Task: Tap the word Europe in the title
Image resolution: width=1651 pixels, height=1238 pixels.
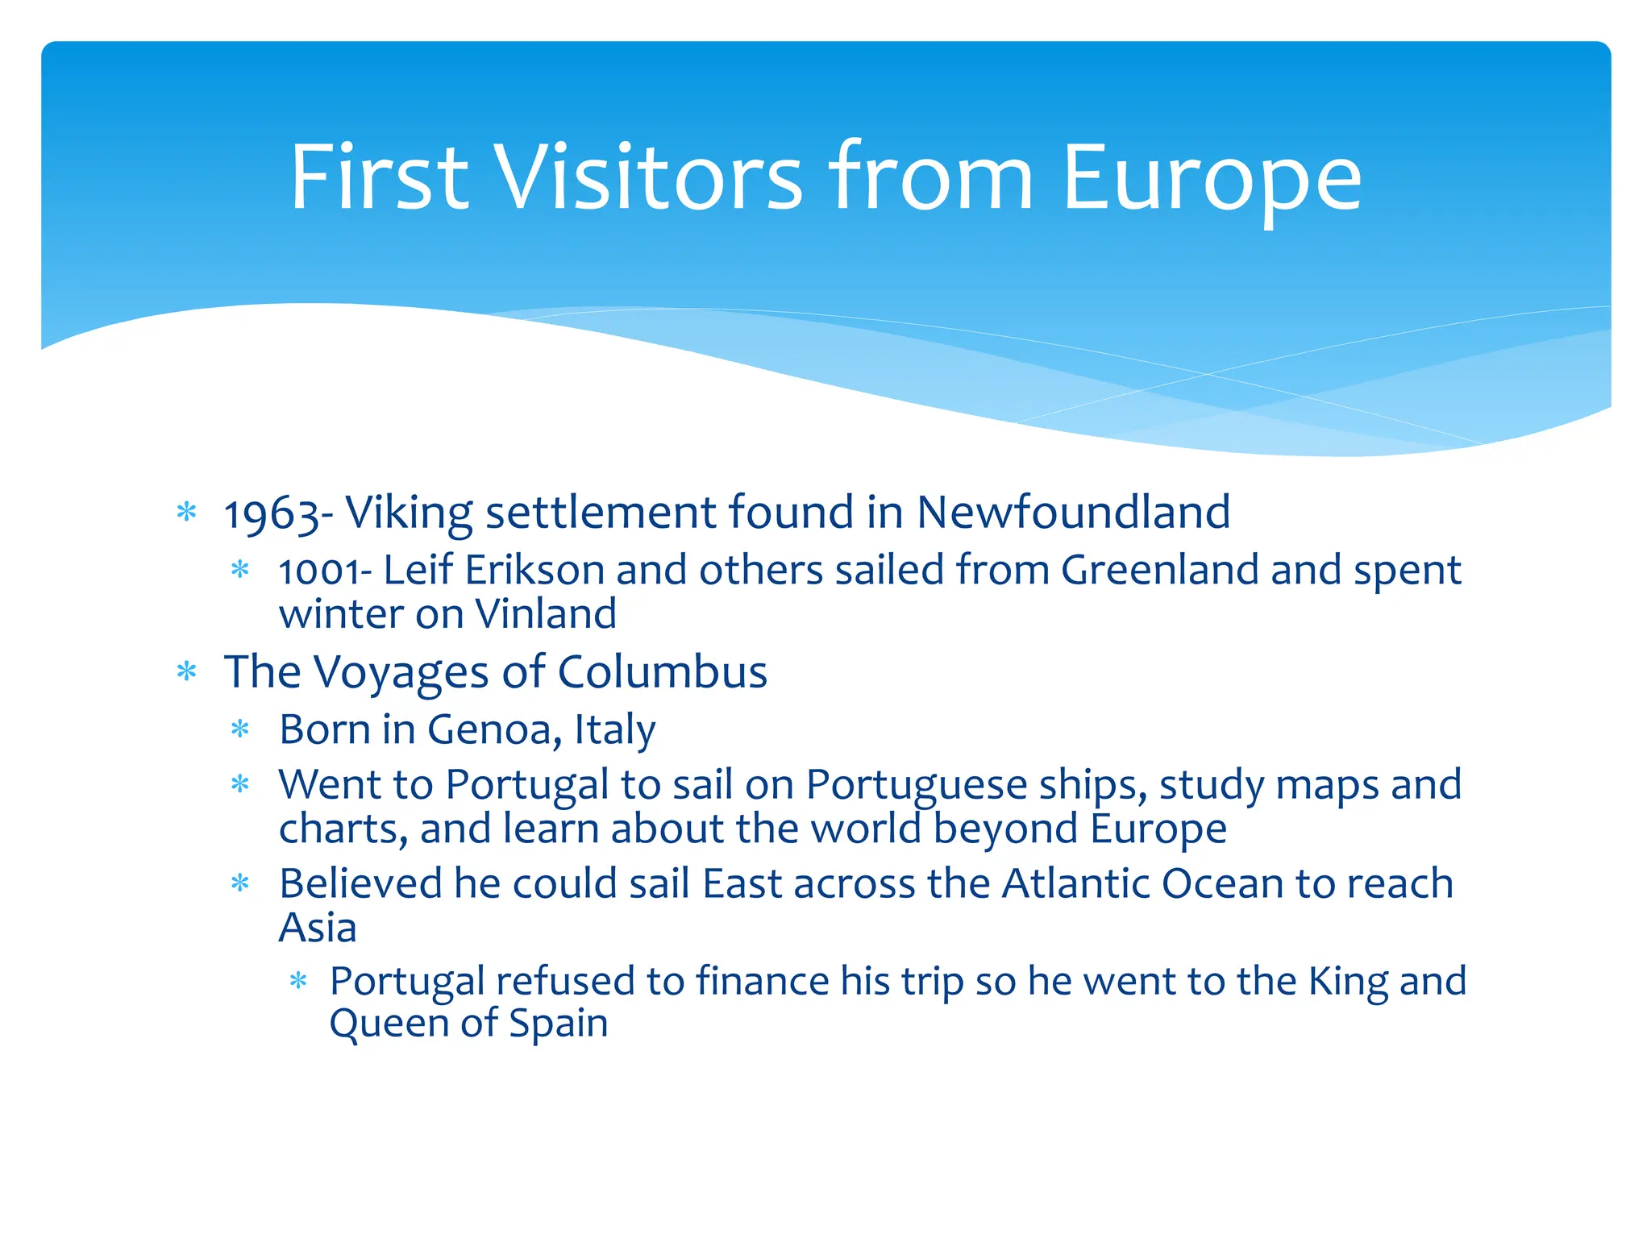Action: pyautogui.click(x=1211, y=179)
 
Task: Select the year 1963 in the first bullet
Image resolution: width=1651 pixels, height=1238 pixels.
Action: pyautogui.click(x=272, y=514)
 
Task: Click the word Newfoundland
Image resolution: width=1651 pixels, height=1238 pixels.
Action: pyautogui.click(x=1073, y=513)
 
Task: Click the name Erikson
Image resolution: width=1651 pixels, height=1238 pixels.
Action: pyautogui.click(x=534, y=571)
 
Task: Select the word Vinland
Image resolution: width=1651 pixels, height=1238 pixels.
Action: pyautogui.click(x=546, y=614)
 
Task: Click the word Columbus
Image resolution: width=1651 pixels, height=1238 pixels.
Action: pyautogui.click(x=662, y=672)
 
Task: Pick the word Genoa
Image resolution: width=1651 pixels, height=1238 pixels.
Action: pyautogui.click(x=489, y=730)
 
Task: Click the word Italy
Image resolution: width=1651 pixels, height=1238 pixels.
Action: pyautogui.click(x=614, y=730)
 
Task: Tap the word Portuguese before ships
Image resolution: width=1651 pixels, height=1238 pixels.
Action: pyautogui.click(x=916, y=785)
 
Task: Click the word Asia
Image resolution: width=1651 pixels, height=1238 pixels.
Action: pyautogui.click(x=318, y=928)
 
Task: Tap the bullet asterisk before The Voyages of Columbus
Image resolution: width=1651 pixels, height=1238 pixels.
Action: pyautogui.click(x=187, y=671)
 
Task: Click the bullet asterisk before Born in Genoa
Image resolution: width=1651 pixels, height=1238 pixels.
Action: pyautogui.click(x=240, y=730)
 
